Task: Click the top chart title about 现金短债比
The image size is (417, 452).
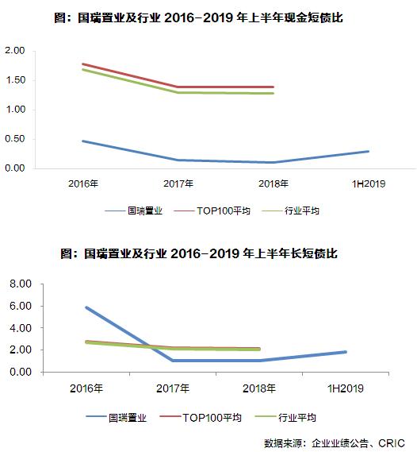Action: click(208, 16)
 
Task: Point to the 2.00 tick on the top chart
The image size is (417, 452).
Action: click(15, 51)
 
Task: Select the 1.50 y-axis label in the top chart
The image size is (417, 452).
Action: click(15, 80)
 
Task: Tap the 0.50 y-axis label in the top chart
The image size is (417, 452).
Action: click(15, 139)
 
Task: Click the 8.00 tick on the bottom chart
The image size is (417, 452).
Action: click(18, 284)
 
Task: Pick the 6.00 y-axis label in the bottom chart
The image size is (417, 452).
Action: click(18, 306)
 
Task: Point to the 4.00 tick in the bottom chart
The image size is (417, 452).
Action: click(18, 328)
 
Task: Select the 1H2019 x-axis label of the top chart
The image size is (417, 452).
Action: click(369, 184)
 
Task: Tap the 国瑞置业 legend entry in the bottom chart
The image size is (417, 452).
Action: click(128, 417)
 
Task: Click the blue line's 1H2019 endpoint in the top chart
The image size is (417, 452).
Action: click(369, 151)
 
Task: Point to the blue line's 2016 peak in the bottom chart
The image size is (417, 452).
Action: click(85, 307)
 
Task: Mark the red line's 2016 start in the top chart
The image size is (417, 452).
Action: click(83, 64)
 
